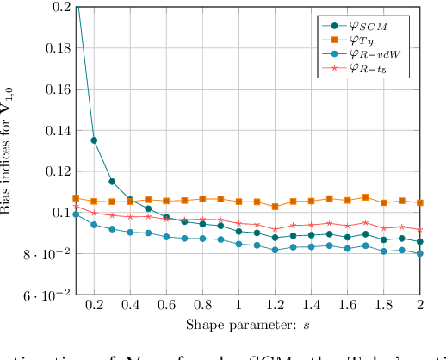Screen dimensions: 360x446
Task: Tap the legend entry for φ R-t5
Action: click(369, 68)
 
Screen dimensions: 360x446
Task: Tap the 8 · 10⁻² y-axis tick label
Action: click(46, 254)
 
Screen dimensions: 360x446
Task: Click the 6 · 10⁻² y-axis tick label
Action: click(46, 295)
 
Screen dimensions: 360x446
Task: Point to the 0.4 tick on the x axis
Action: click(130, 305)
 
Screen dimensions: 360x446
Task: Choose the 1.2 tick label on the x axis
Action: click(275, 305)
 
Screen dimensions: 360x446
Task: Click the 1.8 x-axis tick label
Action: click(384, 305)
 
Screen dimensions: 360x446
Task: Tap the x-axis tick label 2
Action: click(420, 305)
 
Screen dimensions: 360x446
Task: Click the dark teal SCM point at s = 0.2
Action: click(94, 140)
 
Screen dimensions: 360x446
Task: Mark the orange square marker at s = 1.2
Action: click(275, 207)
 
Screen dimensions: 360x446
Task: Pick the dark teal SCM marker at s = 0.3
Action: click(112, 182)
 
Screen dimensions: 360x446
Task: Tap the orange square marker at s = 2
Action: click(420, 203)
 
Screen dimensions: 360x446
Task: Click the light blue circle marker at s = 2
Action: click(420, 253)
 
